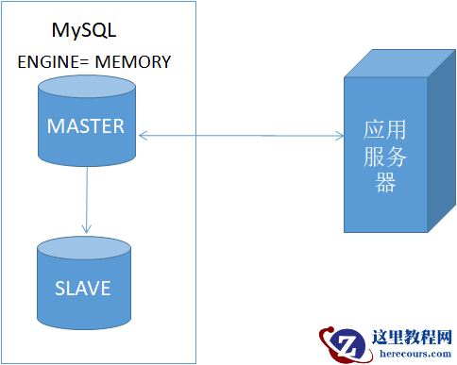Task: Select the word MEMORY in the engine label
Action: [x=133, y=62]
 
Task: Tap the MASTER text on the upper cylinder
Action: [x=86, y=125]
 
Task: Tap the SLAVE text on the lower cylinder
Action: [x=82, y=288]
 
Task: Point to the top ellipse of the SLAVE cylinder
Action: [x=82, y=250]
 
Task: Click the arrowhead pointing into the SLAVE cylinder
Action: [x=86, y=229]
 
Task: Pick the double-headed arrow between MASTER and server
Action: [x=241, y=136]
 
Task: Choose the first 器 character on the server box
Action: [x=384, y=182]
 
